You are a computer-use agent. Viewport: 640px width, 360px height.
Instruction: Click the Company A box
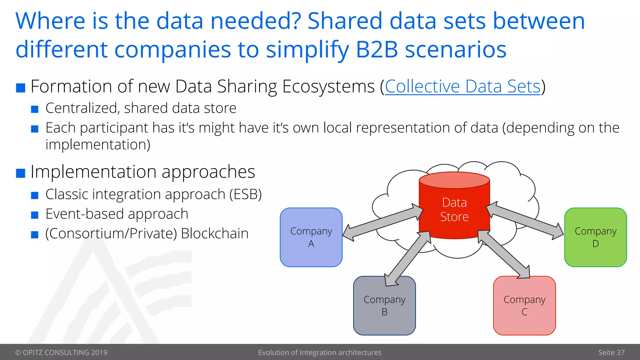coord(311,237)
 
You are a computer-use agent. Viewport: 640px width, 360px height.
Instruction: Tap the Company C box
coord(524,306)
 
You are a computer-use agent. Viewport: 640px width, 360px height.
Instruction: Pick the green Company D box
coord(595,237)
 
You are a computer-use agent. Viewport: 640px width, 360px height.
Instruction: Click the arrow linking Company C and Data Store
coord(504,254)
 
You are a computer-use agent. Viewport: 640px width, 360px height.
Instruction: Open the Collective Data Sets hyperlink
coord(462,87)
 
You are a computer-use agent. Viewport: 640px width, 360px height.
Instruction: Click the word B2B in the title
coord(377,50)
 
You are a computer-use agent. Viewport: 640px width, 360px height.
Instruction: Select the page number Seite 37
coord(611,352)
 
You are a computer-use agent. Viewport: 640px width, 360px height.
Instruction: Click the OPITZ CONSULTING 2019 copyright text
coord(61,352)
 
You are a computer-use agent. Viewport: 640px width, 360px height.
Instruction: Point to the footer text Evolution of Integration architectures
coord(320,352)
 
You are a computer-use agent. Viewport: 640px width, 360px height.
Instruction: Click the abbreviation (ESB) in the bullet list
coord(245,194)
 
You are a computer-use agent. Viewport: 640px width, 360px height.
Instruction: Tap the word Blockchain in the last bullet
coord(215,234)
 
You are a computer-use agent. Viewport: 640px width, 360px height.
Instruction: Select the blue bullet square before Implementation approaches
coord(21,173)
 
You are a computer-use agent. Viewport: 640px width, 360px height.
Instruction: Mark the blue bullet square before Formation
coord(21,88)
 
